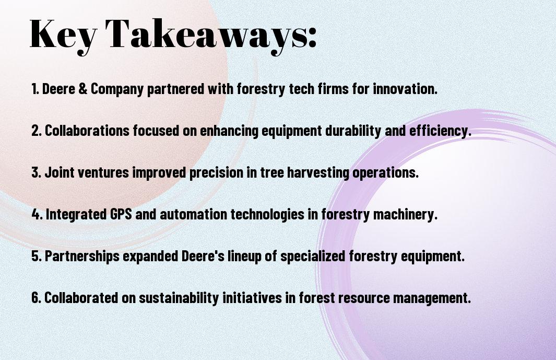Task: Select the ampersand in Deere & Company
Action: (83, 88)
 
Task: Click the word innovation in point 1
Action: (405, 88)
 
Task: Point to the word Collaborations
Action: (87, 130)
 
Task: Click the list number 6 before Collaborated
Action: (37, 297)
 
